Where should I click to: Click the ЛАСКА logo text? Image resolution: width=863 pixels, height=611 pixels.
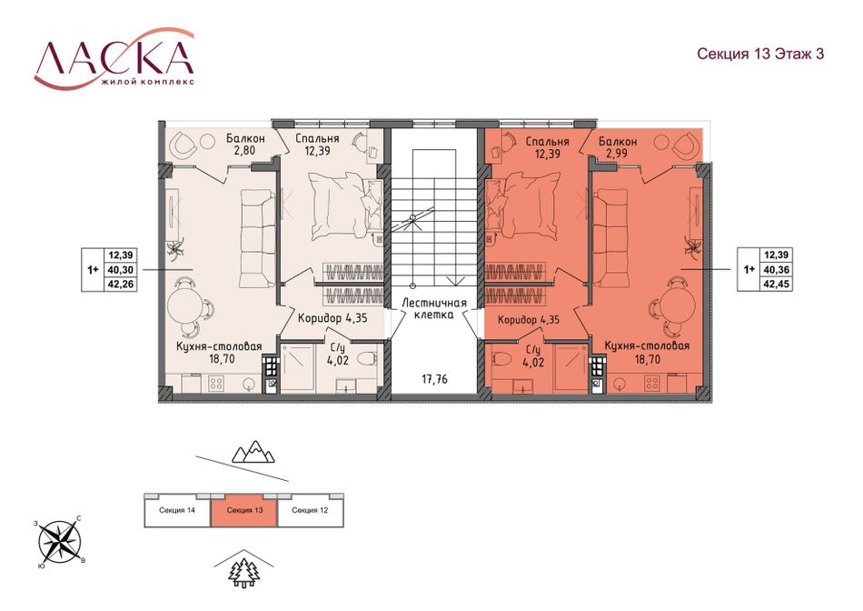(x=114, y=56)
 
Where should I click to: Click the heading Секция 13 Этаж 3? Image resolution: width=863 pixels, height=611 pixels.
(x=760, y=54)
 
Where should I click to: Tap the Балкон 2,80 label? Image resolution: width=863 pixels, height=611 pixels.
(x=245, y=144)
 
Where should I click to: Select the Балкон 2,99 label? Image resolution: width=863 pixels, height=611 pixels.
(x=618, y=147)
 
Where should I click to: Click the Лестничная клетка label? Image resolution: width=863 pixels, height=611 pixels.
(x=434, y=308)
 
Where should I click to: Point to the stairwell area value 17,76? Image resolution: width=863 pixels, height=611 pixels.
(x=434, y=379)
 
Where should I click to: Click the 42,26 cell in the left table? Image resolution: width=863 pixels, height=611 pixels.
(x=123, y=285)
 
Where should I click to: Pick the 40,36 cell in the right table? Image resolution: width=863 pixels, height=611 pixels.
(x=777, y=270)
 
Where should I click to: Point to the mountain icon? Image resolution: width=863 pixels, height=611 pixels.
(x=253, y=451)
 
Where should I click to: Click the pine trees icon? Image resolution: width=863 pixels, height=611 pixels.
(x=243, y=571)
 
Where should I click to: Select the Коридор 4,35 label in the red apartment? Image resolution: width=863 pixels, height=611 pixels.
(x=529, y=319)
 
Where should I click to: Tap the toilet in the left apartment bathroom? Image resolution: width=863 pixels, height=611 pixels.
(x=367, y=360)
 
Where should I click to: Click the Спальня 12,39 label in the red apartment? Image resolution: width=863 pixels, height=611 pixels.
(x=547, y=147)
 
